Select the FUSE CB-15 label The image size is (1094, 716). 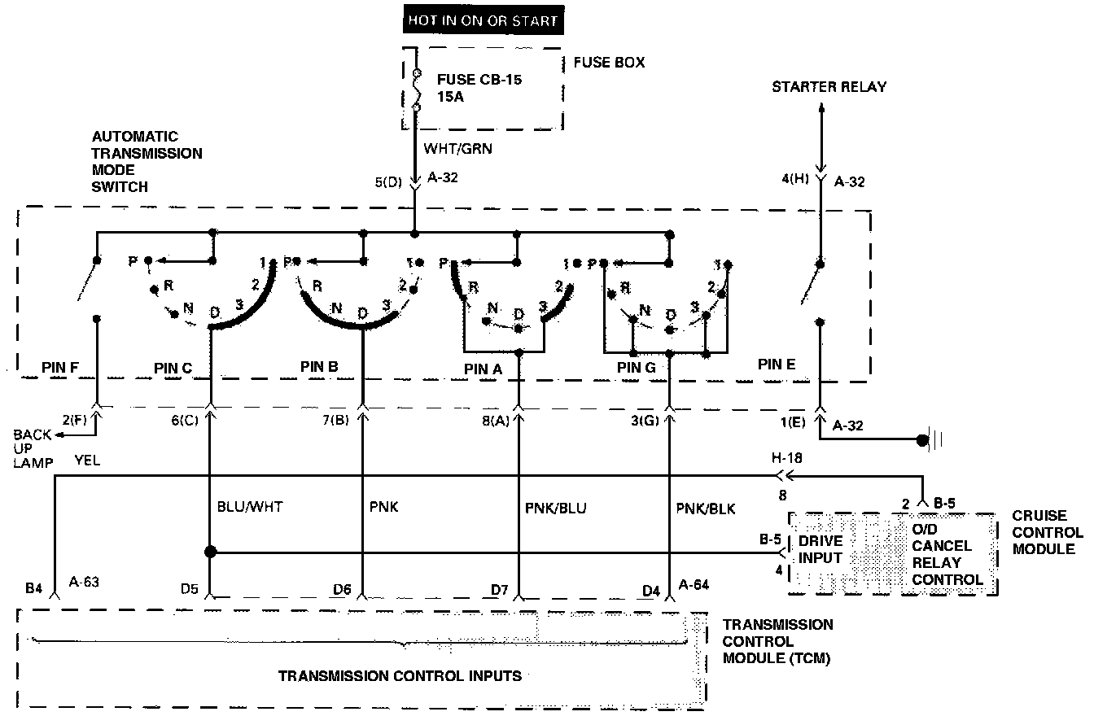(x=479, y=80)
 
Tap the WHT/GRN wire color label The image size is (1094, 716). (x=457, y=150)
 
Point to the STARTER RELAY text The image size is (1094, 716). (x=829, y=87)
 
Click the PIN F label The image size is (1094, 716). (x=59, y=368)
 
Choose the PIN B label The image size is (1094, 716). (x=318, y=367)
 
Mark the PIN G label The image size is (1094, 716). (x=636, y=368)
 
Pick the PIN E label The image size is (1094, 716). (x=776, y=365)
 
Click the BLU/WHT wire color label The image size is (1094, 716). (x=250, y=509)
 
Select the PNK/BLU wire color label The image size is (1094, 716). (x=556, y=509)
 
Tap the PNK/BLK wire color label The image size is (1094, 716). (x=706, y=509)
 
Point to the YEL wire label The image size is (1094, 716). (x=87, y=461)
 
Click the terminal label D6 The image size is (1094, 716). (x=343, y=588)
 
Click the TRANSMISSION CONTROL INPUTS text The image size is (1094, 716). (x=400, y=675)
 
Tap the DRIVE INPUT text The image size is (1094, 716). (x=820, y=548)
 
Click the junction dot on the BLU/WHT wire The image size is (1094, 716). (x=210, y=552)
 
